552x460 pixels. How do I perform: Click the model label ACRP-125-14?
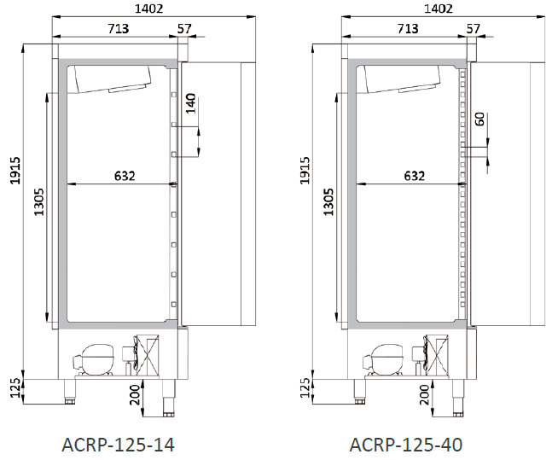[x=118, y=445]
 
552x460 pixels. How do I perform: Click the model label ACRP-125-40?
[x=406, y=445]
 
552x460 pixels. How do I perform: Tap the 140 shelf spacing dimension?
[x=190, y=103]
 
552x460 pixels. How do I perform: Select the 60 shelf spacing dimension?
[x=479, y=119]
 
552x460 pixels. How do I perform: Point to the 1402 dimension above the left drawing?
[x=149, y=9]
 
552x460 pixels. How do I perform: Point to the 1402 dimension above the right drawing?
[x=439, y=9]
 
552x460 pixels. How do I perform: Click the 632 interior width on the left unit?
[x=125, y=176]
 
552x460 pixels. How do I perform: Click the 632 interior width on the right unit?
[x=415, y=176]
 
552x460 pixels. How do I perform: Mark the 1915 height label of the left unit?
[x=15, y=171]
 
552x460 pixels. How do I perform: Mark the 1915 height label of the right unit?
[x=305, y=171]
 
